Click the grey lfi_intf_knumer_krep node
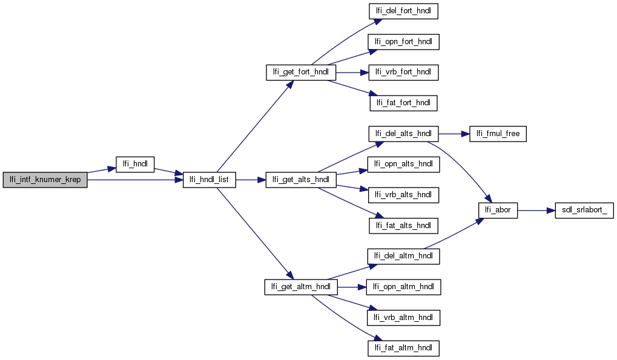coord(45,180)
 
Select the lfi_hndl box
coord(134,164)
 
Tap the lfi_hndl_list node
coord(210,180)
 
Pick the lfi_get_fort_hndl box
coord(300,73)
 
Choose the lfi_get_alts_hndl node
coord(300,180)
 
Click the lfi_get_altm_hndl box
coord(300,286)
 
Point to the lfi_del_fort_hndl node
coord(403,11)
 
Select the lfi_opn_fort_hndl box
coord(404,42)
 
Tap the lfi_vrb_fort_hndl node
coord(403,73)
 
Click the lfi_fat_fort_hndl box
coord(403,103)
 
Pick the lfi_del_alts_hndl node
coord(403,134)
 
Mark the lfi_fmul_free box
coord(498,134)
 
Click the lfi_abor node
coord(498,210)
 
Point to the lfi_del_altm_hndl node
coord(403,256)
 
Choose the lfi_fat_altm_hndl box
coord(403,348)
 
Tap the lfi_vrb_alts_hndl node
coord(403,195)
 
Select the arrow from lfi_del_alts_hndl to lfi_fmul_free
coord(453,134)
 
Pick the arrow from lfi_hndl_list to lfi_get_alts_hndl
coord(250,180)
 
